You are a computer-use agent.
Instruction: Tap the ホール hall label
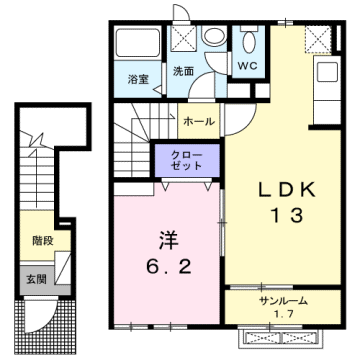point(197,120)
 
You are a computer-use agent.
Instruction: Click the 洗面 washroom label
point(182,72)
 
